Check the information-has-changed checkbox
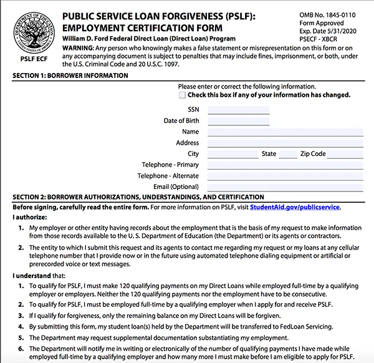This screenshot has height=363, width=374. coord(182,95)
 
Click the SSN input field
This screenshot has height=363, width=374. coord(238,110)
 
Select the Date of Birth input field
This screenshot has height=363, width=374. coord(238,121)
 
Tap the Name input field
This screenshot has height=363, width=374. coord(285,132)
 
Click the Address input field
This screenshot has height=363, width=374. coord(285,143)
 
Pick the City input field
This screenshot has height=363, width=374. coord(233,154)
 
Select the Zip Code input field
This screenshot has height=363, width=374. coord(347,154)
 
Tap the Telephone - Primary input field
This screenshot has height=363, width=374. coord(285,165)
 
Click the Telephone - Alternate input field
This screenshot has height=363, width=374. coord(285,176)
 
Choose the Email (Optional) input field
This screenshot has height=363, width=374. coord(285,186)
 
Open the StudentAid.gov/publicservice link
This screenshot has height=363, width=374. coord(295,207)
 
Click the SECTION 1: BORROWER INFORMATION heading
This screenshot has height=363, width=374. coord(70,76)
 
